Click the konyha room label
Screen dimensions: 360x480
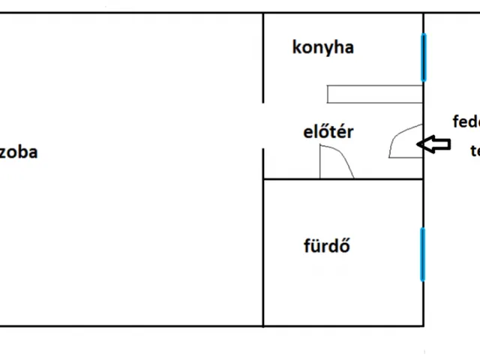[x=322, y=48]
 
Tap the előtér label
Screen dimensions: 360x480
[x=327, y=133]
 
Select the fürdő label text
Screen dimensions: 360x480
[x=327, y=246]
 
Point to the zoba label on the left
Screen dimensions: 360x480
[x=19, y=152]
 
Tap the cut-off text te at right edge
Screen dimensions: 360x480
[x=475, y=151]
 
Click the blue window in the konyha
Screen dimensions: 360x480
[x=424, y=57]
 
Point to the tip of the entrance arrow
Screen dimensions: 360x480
[x=418, y=144]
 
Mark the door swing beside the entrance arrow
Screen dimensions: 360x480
[x=403, y=141]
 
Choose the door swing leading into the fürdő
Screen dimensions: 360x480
[x=336, y=161]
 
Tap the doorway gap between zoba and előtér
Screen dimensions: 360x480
[x=263, y=125]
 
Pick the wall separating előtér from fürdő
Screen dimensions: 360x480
[x=342, y=179]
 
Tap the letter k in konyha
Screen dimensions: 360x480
[x=296, y=47]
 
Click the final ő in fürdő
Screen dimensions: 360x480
[x=346, y=245]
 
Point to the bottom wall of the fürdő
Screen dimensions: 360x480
[x=342, y=326]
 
